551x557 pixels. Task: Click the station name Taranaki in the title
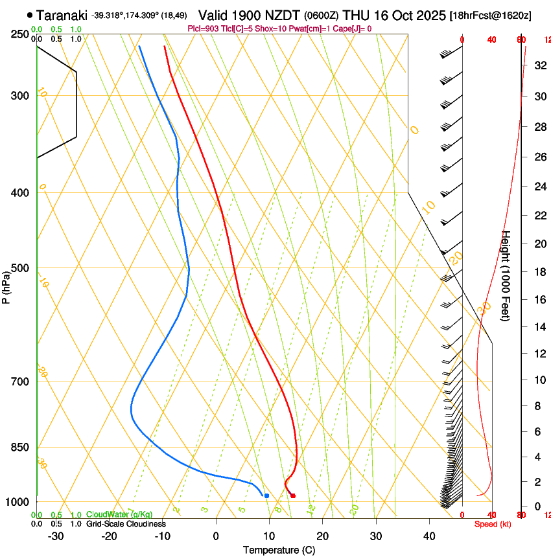tap(62, 15)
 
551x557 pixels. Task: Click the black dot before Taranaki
tap(30, 15)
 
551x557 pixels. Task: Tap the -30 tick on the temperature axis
tap(56, 536)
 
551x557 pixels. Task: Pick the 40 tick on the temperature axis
tap(429, 536)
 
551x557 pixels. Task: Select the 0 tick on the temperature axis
tap(216, 536)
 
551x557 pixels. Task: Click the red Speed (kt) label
tap(493, 524)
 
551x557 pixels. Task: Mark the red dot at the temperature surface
tap(293, 496)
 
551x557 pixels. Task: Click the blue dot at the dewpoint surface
tap(266, 496)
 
